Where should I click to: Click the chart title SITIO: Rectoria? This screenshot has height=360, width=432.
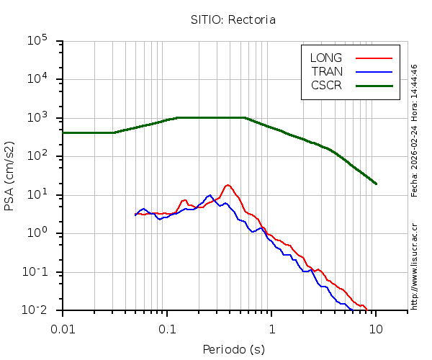tap(233, 19)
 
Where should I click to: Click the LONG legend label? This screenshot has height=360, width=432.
tap(326, 58)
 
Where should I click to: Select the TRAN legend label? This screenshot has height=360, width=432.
tap(327, 71)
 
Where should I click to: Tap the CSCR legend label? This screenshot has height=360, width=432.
tap(326, 85)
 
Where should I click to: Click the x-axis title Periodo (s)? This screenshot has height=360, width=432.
tap(233, 350)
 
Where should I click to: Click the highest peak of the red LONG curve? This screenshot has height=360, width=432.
tap(228, 185)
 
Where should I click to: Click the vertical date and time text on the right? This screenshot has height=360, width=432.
tap(414, 130)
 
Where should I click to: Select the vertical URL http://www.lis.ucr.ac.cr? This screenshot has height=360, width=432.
tap(414, 266)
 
